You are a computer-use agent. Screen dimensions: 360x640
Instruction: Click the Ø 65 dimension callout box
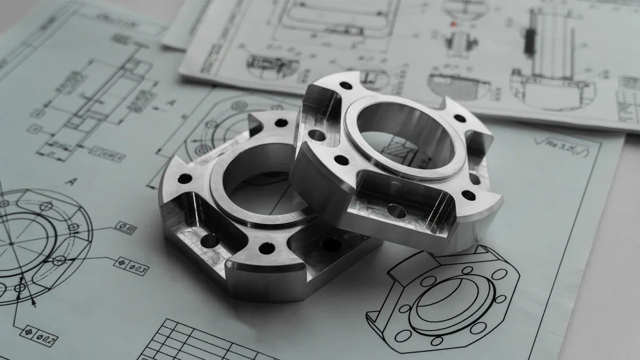coord(126,228)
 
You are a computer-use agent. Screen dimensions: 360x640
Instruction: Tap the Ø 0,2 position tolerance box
coord(38,335)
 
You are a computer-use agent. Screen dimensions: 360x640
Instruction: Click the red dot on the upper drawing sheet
coord(454,24)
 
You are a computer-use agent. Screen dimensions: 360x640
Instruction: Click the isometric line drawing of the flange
coord(442,299)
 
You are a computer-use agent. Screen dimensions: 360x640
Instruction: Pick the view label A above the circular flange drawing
coord(70,182)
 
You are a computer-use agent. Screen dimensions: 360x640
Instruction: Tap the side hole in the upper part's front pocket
coord(396,211)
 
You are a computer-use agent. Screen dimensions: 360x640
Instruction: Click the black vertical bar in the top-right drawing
coord(530,40)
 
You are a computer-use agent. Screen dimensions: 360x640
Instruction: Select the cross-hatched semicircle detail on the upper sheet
coord(459,85)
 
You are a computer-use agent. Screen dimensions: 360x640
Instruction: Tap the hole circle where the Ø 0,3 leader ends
coord(60,260)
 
